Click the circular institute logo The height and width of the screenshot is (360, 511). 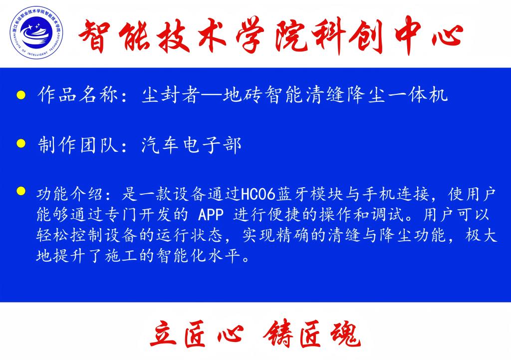click(x=36, y=32)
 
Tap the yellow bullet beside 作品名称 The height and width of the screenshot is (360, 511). click(x=21, y=95)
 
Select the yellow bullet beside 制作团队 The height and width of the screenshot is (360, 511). click(x=21, y=143)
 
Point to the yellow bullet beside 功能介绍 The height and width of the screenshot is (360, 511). click(x=21, y=191)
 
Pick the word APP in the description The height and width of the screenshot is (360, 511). click(x=211, y=215)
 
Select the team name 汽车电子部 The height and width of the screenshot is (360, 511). click(x=191, y=145)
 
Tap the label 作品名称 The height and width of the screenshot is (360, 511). click(x=77, y=95)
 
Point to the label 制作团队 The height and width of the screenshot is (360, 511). click(x=77, y=145)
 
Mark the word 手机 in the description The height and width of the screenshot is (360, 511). click(x=379, y=195)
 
